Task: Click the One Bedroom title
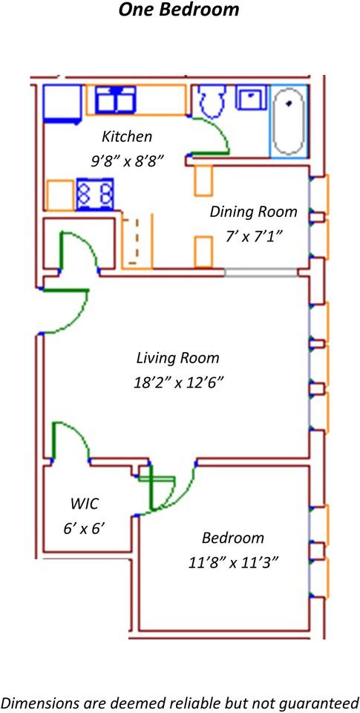[x=179, y=10]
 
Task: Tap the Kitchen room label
[x=127, y=136]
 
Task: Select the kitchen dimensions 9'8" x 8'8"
[x=127, y=160]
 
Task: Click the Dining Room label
[x=253, y=212]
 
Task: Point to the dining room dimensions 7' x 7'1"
[x=253, y=237]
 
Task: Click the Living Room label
[x=177, y=358]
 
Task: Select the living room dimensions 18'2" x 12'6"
[x=177, y=383]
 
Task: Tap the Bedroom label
[x=233, y=538]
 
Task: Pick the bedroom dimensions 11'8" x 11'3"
[x=233, y=563]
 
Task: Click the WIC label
[x=85, y=504]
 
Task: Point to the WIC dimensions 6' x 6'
[x=85, y=528]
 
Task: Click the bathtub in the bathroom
[x=289, y=121]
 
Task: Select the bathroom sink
[x=251, y=97]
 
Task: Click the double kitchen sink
[x=116, y=100]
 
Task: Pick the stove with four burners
[x=94, y=195]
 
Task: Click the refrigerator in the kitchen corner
[x=62, y=104]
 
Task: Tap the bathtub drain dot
[x=289, y=103]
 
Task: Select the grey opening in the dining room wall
[x=261, y=273]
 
